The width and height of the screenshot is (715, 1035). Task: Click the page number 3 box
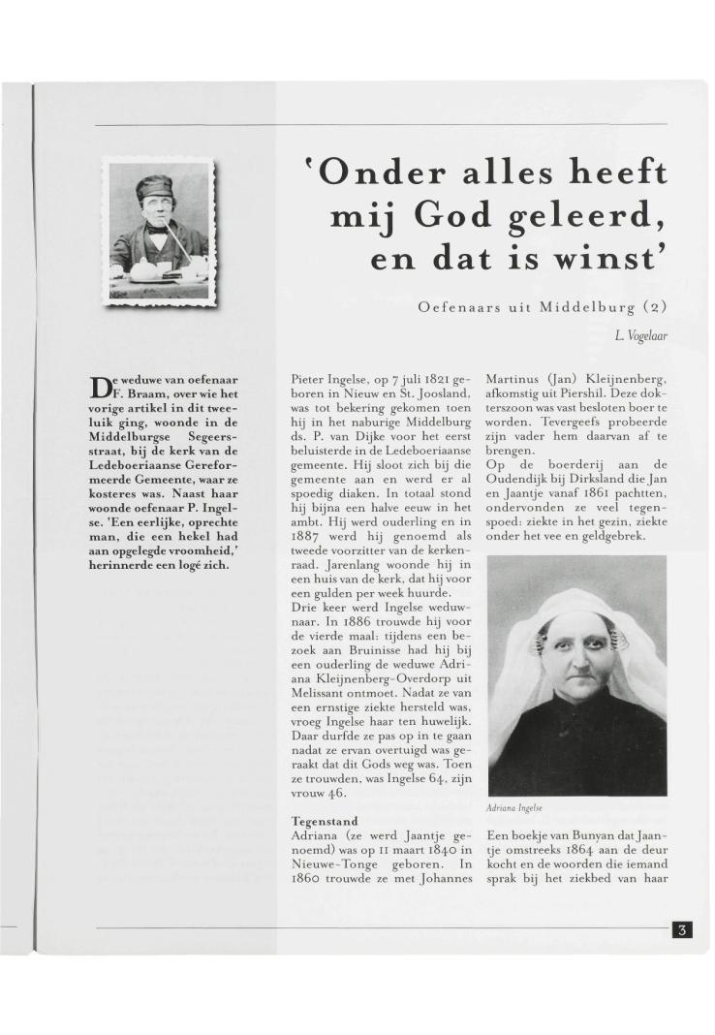click(x=681, y=930)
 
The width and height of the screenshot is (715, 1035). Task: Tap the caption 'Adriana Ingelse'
click(x=515, y=806)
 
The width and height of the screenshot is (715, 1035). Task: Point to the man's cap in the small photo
click(x=156, y=184)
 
